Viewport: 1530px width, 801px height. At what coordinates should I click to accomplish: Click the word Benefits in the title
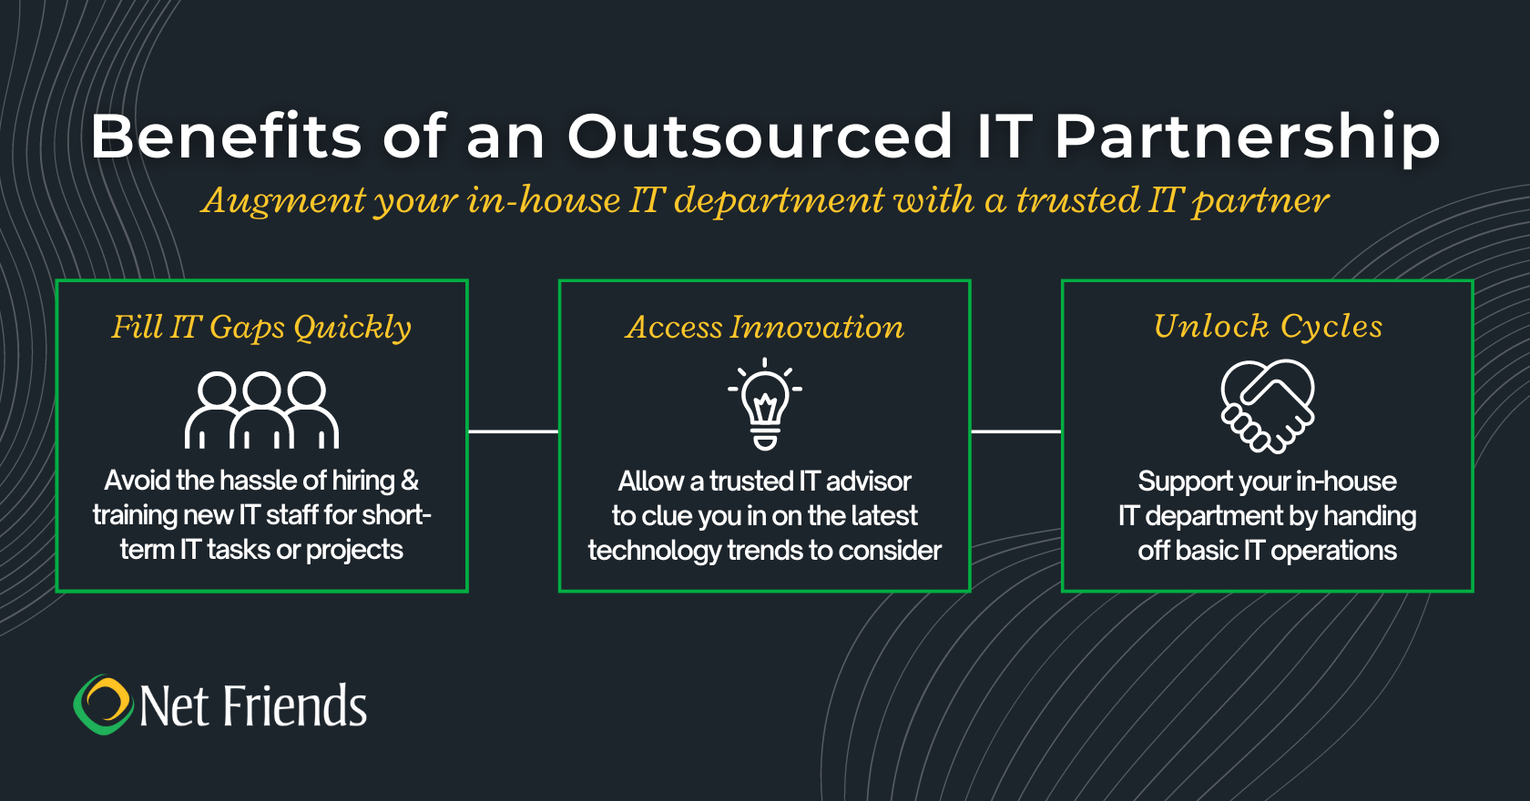pos(226,137)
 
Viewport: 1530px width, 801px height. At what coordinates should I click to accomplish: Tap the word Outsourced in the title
pos(760,137)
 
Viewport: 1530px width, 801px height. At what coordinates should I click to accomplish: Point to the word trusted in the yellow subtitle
pos(1078,200)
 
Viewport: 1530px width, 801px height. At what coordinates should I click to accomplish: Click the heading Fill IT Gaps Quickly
pos(261,328)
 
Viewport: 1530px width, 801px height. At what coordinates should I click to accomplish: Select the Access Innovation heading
pos(765,327)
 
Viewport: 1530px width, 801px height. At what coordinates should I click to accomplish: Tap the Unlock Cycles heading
pos(1268,327)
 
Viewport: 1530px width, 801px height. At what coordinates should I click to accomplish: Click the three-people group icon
pos(261,410)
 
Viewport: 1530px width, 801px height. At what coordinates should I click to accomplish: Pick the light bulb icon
pos(765,404)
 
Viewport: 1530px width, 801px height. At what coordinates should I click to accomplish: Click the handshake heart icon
pos(1268,406)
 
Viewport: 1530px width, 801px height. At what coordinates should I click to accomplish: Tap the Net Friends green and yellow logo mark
pos(102,705)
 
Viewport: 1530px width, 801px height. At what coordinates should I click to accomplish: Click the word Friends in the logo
pos(294,705)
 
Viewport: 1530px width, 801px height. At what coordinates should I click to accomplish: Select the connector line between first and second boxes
pos(513,431)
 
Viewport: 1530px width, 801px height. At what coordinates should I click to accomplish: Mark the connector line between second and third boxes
pos(1015,431)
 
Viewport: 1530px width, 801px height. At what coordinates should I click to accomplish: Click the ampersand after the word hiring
pos(410,481)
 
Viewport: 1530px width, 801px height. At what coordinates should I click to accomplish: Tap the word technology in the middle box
pos(654,551)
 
